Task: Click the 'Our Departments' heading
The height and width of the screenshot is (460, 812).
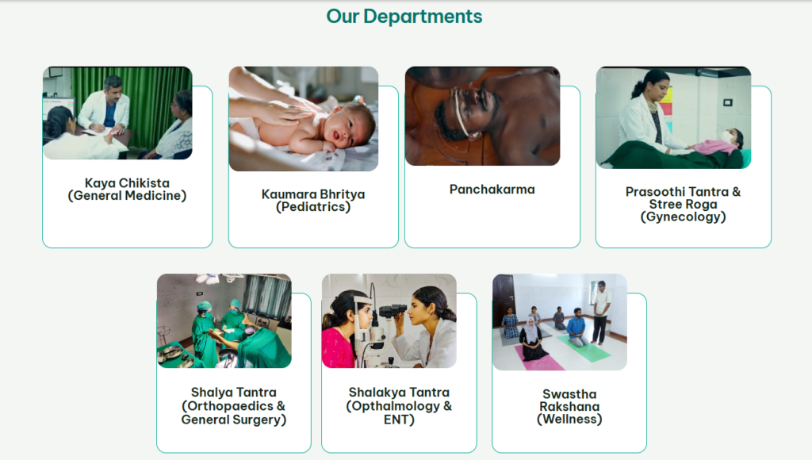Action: coord(404,17)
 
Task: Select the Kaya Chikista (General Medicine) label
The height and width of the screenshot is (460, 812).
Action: coord(127,190)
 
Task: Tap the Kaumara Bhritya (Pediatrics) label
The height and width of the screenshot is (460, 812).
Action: coord(313,201)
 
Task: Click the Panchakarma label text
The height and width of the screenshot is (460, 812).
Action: coord(492,190)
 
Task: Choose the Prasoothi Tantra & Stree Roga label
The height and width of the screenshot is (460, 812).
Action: coord(683,205)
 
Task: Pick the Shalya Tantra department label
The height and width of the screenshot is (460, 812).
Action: coord(234,406)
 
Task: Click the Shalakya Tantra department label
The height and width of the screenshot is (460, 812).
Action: coord(399,406)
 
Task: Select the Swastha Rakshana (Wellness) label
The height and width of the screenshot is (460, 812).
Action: coord(569,407)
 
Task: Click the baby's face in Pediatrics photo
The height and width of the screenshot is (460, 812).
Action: coord(343,128)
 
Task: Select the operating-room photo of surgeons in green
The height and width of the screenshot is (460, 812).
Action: coord(224,321)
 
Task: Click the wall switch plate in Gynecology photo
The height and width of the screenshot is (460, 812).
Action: coord(728,102)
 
